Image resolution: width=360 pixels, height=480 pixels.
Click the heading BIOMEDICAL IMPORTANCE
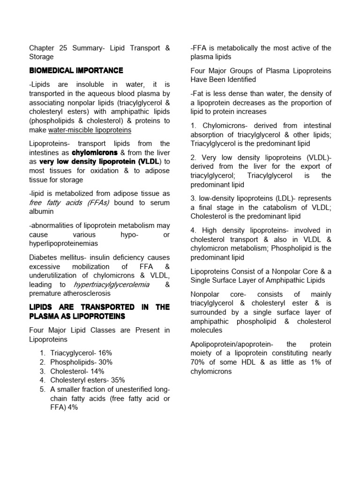(x=76, y=71)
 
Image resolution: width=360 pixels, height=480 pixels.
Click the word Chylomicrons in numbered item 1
(x=223, y=126)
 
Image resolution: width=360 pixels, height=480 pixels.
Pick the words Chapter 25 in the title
(x=47, y=48)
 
